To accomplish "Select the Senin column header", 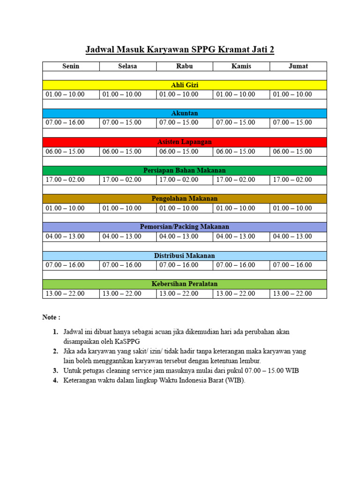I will point(71,66).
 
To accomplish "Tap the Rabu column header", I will point(184,66).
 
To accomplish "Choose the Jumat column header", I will point(298,66).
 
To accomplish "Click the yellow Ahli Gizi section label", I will point(184,85).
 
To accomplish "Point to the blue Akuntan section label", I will point(184,113).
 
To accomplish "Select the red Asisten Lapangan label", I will point(184,142).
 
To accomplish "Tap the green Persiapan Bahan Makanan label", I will point(184,171).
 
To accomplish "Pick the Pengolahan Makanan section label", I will point(184,199).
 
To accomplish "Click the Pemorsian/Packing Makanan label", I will point(184,227).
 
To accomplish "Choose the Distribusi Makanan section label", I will point(184,256).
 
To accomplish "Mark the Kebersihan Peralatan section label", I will point(184,284).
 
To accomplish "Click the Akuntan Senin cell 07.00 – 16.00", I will point(65,123).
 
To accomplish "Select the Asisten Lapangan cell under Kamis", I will point(236,151).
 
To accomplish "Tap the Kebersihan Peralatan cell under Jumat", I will point(292,294).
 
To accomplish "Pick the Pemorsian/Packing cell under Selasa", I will point(122,237).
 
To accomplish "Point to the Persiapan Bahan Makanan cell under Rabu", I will point(179,180).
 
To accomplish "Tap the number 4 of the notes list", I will point(55,381).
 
